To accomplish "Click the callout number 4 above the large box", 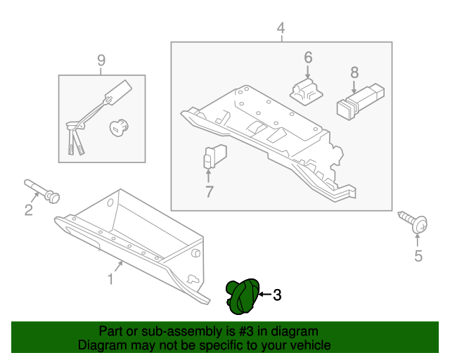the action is point(281,28).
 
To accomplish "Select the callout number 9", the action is point(101,60).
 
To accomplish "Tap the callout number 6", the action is point(308,58).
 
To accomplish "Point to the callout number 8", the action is point(354,72).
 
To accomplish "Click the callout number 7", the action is point(210,192).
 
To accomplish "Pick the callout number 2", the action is point(29,210).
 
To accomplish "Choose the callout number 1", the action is point(110,279).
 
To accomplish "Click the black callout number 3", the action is point(277,295).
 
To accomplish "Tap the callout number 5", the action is point(418,256).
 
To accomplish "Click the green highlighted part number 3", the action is point(243,297).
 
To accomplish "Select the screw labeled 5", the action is point(413,221).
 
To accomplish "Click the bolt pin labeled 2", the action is point(41,191).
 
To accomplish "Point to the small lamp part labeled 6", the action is point(307,91).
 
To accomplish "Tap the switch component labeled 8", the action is point(361,102).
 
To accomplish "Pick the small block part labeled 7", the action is point(215,157).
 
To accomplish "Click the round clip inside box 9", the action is point(119,127).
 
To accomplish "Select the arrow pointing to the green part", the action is point(264,295).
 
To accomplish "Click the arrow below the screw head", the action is point(418,240).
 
